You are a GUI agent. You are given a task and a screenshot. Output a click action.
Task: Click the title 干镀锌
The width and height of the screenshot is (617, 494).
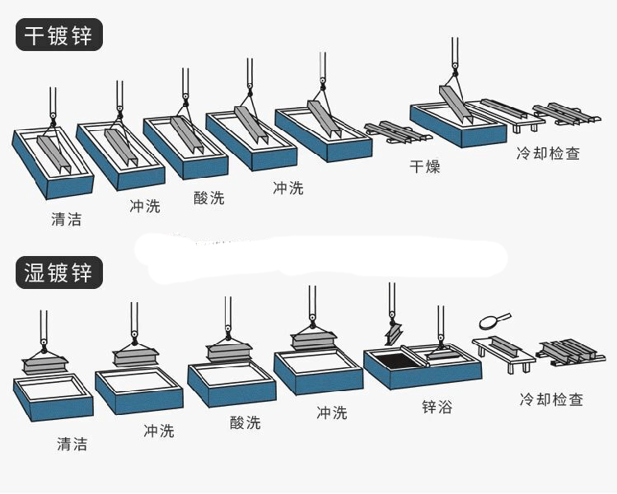click(58, 35)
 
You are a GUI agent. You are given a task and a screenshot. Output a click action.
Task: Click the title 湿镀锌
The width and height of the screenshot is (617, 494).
click(58, 273)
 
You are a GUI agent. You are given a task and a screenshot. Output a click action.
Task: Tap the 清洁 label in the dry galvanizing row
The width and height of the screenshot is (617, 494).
click(66, 220)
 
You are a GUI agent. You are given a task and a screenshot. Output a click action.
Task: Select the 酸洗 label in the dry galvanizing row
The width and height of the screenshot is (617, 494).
click(208, 198)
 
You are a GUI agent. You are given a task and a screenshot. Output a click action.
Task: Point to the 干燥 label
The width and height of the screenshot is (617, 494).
click(425, 167)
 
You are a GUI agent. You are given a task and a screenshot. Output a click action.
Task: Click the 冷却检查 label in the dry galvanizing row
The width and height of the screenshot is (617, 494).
click(548, 153)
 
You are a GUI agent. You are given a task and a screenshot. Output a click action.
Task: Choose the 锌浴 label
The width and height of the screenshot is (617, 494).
click(437, 408)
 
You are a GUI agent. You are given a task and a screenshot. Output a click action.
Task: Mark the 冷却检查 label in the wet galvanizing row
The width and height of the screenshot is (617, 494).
click(551, 399)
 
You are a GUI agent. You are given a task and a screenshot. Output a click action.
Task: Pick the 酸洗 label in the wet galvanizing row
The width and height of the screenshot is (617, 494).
click(245, 422)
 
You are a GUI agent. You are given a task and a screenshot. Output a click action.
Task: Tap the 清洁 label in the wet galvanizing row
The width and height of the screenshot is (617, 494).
click(72, 445)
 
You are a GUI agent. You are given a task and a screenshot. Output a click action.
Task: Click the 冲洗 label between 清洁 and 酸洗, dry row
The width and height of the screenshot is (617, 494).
click(145, 206)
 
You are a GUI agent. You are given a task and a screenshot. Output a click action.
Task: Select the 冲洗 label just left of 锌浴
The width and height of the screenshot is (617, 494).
click(332, 412)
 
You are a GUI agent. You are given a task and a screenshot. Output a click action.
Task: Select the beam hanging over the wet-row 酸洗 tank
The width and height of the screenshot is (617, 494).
click(227, 352)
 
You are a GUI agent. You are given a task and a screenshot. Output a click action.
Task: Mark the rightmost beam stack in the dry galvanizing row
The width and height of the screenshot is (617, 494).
click(566, 114)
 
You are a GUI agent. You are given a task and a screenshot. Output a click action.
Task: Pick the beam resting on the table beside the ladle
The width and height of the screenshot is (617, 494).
click(503, 347)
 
